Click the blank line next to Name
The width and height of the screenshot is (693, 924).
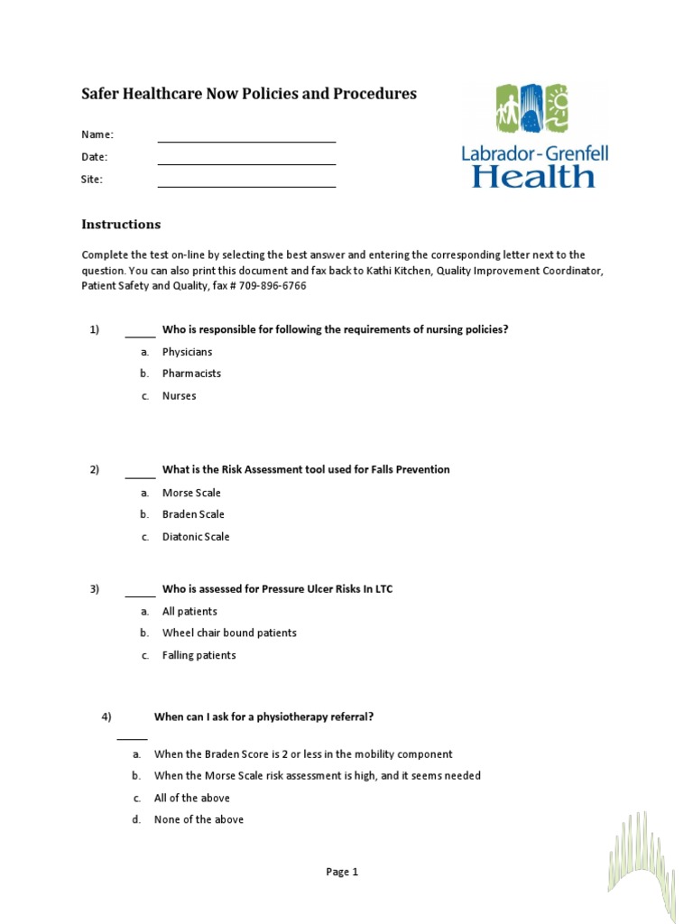point(246,141)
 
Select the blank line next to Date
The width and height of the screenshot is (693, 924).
point(246,163)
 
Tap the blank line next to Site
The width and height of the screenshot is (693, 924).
point(246,186)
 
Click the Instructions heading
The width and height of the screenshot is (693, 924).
point(121,225)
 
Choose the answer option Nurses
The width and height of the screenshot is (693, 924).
point(179,396)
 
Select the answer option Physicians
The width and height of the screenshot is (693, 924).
point(187,352)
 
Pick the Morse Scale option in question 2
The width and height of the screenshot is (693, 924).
point(191,493)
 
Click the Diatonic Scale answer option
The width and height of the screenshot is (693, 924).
point(196,537)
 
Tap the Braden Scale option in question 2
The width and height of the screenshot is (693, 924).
point(193,514)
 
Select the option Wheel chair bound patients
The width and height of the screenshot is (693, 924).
point(229,633)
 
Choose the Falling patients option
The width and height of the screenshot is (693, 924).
point(199,655)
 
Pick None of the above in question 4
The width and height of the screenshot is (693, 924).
point(199,819)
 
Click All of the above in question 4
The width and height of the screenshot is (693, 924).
point(191,798)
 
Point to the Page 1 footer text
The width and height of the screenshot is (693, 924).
point(342,872)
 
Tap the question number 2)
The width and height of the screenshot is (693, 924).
point(94,469)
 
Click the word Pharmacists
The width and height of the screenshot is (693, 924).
point(191,374)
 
